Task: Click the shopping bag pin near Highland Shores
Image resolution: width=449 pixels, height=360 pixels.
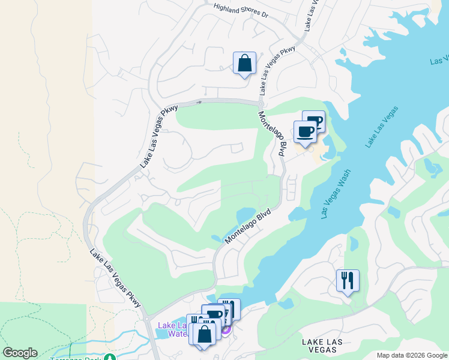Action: coord(244,63)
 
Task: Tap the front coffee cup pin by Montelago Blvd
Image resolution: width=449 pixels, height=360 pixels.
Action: coord(305,132)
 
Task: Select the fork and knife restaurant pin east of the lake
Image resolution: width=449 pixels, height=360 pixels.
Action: coord(348,281)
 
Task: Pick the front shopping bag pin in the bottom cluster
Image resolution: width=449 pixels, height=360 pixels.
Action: coord(204,334)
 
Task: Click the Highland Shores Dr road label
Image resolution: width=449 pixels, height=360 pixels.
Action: coord(241,11)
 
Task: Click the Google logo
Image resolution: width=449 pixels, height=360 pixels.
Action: coord(20,353)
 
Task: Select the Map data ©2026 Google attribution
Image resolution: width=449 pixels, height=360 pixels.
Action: coord(411,355)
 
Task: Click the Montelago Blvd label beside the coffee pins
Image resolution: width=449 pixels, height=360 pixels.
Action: coord(271,134)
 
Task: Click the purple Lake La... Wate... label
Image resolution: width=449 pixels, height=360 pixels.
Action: coord(171,329)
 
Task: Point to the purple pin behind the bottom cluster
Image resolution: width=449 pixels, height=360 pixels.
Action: coord(226,329)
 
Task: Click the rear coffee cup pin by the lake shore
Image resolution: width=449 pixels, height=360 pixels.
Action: coord(314,121)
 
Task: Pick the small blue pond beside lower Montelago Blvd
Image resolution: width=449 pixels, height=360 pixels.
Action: coord(247,215)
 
